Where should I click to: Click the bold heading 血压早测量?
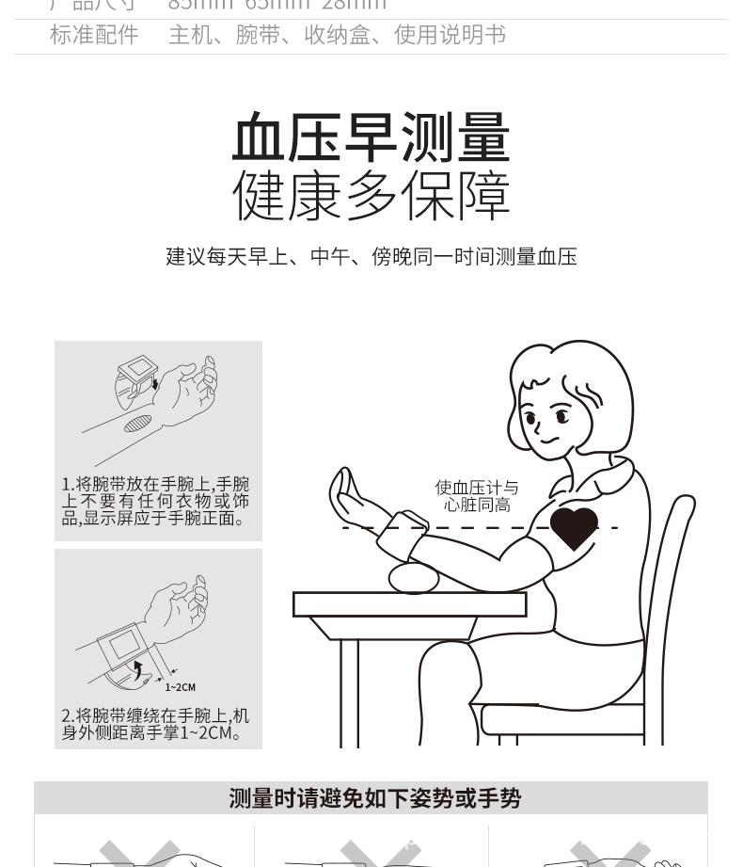coord(371,137)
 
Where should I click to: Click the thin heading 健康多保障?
coord(371,196)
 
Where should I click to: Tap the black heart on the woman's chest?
coord(574,528)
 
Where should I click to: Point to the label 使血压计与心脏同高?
coord(477,496)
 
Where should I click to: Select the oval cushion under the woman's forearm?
coord(414,577)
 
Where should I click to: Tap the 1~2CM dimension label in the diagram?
coord(181,687)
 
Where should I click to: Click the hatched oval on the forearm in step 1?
coord(138,424)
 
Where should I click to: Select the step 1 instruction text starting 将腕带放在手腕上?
coord(156,501)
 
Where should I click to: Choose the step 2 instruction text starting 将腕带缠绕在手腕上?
coord(156,724)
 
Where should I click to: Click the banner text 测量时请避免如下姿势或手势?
coord(374,798)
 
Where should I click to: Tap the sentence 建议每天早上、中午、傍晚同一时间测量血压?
coord(371,257)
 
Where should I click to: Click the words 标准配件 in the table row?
coord(94,36)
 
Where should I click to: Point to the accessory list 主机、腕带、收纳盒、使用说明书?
coord(337,36)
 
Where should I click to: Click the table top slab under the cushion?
coord(409,604)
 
